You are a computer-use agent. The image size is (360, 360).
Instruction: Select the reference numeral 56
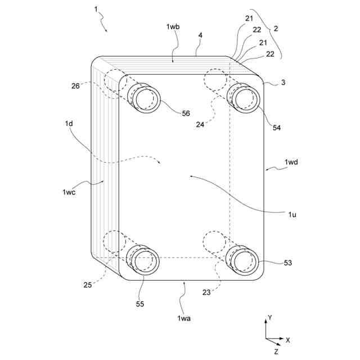186,113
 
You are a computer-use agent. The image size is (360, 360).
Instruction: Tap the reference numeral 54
276,128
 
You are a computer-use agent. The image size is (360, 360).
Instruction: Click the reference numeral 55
139,304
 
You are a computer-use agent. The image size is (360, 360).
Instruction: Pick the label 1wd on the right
291,163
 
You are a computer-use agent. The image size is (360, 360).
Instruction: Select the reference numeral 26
75,86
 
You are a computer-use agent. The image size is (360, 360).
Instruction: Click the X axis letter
287,340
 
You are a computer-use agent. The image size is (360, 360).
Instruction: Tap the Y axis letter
270,318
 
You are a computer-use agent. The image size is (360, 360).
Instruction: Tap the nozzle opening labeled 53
244,262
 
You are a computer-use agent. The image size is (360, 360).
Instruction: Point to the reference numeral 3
283,83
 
